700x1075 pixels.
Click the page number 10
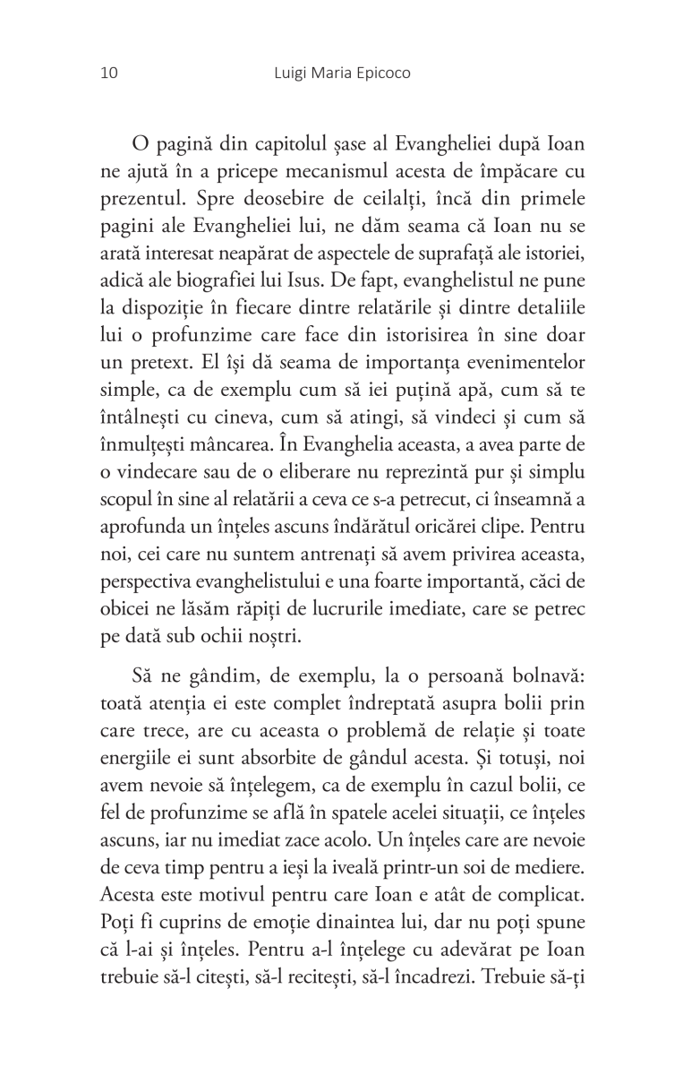(x=98, y=73)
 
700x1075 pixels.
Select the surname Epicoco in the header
(x=380, y=73)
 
